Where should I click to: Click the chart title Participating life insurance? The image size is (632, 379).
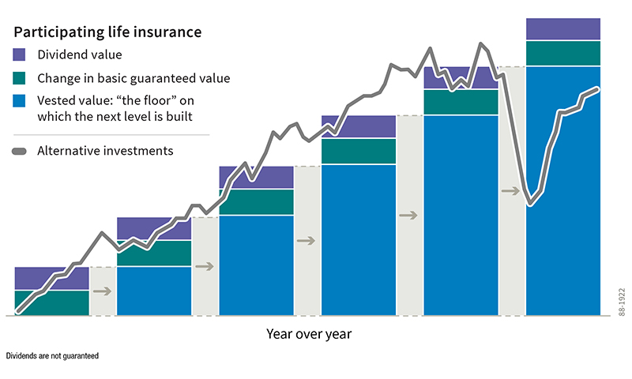pos(107,32)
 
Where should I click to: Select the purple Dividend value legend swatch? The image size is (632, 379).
pos(21,55)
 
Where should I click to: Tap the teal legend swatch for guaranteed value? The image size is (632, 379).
pos(21,78)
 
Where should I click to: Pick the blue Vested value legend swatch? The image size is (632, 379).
pos(21,101)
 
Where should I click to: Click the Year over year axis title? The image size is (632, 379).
pos(309,334)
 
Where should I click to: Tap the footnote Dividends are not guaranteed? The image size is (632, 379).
pos(52,357)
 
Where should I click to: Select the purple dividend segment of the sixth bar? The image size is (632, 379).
pos(563,28)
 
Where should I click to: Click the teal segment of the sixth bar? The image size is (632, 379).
pos(563,53)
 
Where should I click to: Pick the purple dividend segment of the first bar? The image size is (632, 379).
pos(51,278)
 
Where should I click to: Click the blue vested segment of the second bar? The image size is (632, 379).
pos(154,291)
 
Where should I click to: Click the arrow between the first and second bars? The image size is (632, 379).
pos(103,291)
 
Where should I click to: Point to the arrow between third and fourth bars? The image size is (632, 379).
pos(307,240)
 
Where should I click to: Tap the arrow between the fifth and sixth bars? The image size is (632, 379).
pos(511,190)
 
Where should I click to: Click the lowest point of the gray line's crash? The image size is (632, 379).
pos(531,205)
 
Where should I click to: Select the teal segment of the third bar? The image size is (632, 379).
pos(256,202)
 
